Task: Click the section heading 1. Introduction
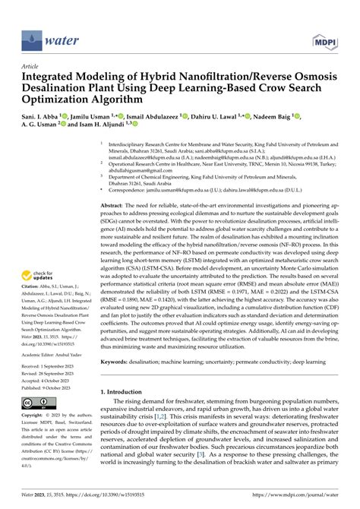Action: (128, 413)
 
